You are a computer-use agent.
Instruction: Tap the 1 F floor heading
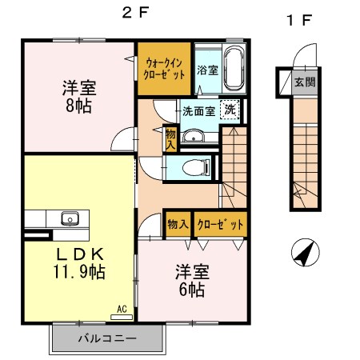point(298,20)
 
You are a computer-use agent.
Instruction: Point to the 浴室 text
point(206,70)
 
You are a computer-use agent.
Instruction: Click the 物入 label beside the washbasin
point(170,138)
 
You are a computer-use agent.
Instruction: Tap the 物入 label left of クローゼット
point(177,225)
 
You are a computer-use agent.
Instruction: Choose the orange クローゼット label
point(218,225)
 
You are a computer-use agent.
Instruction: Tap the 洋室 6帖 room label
point(191,281)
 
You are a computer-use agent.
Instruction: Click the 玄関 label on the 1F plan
point(304,82)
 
